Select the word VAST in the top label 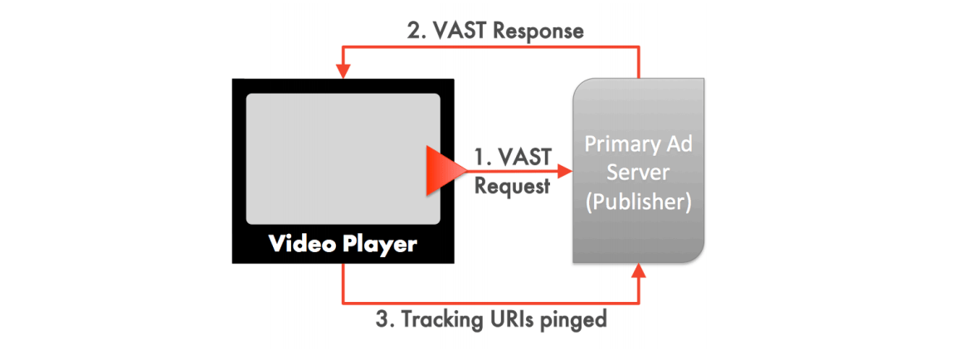(459, 31)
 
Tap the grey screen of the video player (343, 159)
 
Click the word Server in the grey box (639, 172)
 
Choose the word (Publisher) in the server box (638, 202)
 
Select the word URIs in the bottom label (515, 319)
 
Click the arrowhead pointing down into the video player (343, 72)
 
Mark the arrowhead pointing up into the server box (639, 270)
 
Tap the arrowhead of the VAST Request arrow (565, 170)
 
